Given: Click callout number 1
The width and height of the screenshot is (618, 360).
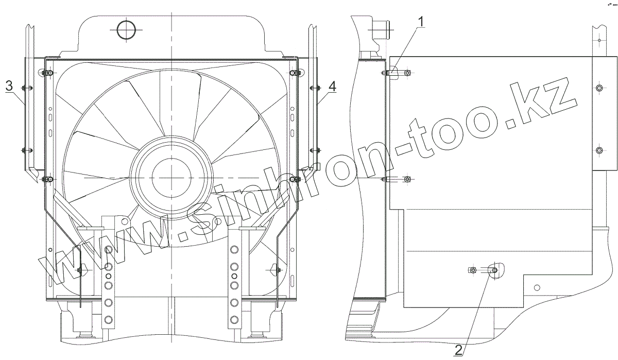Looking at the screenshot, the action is [x=421, y=22].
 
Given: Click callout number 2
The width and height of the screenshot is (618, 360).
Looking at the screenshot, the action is [x=458, y=350].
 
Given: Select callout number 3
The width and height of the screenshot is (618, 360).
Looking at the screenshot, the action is [x=9, y=86].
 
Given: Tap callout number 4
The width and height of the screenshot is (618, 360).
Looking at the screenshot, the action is [x=333, y=87].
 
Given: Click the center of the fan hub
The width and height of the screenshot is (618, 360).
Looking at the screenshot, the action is [x=171, y=178].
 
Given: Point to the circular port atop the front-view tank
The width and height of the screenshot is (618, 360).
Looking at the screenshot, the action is [x=127, y=30].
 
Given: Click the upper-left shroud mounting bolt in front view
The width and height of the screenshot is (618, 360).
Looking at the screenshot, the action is [x=48, y=73].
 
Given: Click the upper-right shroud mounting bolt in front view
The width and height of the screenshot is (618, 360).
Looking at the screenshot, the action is [x=295, y=73].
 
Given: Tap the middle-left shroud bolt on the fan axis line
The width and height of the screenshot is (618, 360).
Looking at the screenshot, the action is [x=48, y=179].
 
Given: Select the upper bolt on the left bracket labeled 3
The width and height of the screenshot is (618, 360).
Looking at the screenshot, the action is [x=27, y=88].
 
